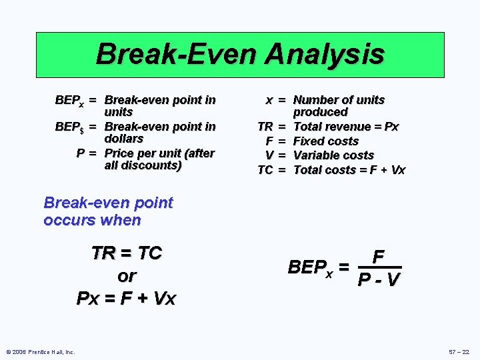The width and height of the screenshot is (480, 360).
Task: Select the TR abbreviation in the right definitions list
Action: point(265,127)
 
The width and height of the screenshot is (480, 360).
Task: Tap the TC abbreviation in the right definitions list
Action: point(265,170)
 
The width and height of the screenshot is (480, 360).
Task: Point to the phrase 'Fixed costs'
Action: point(326,141)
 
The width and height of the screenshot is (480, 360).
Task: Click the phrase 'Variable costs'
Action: point(333,155)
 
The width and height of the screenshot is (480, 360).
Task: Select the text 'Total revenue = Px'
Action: point(346,127)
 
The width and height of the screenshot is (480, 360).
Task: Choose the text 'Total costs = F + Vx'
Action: point(349,170)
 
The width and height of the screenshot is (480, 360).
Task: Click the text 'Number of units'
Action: point(339,100)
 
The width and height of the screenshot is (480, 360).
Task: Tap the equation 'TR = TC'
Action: point(127,253)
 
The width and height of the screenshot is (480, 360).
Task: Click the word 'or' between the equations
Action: point(126,275)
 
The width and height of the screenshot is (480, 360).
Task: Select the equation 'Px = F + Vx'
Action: point(126,298)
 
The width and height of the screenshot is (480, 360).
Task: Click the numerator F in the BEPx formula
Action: point(378,257)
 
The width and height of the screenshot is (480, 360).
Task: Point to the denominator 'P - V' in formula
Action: point(379,280)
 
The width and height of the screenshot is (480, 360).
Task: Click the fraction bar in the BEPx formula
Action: point(379,268)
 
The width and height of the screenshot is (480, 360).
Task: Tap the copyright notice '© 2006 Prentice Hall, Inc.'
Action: point(40,352)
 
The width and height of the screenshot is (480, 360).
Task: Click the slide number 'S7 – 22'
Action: point(459,352)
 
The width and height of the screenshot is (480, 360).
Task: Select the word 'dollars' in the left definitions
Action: point(124,139)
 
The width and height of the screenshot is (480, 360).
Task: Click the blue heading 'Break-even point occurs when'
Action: point(108,211)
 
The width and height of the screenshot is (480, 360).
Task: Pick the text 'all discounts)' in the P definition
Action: point(143,165)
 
